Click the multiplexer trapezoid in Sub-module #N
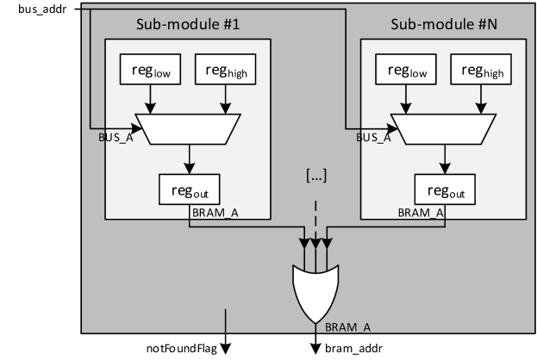(x=443, y=128)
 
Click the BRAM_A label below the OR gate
(x=347, y=327)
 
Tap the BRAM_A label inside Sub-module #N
(x=420, y=212)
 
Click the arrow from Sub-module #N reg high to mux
(x=478, y=102)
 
